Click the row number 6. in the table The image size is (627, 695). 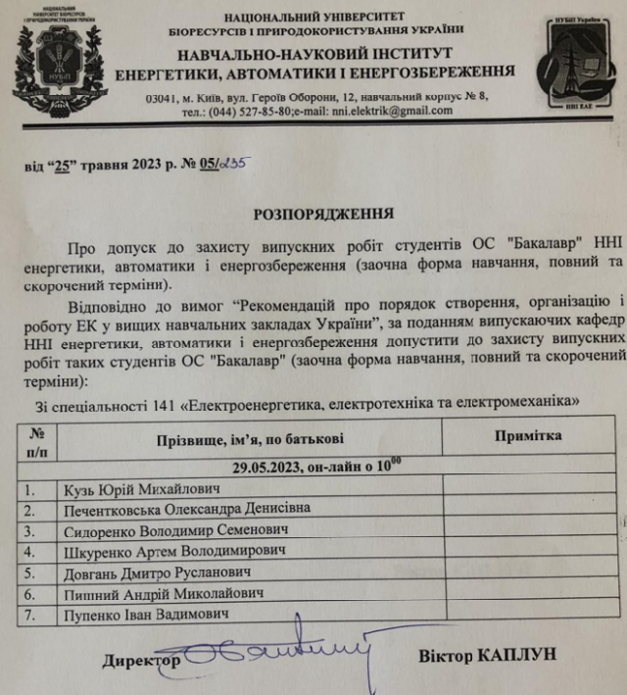coord(30,593)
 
